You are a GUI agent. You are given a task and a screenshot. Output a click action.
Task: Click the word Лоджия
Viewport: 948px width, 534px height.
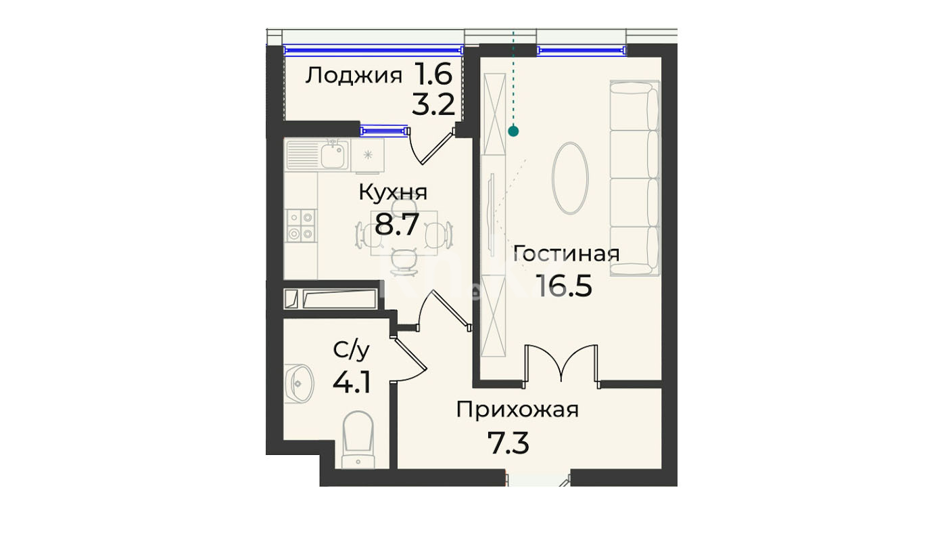click(354, 76)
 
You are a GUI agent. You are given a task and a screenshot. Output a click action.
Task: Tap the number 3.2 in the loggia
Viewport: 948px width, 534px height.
click(433, 105)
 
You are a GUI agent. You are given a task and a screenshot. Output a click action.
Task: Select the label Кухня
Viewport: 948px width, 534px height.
click(393, 192)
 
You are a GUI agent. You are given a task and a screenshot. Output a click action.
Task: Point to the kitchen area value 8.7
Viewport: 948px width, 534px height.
click(397, 225)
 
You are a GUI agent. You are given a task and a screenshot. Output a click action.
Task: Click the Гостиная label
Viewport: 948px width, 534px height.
click(566, 254)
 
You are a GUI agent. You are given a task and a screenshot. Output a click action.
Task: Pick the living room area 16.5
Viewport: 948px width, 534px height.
click(564, 286)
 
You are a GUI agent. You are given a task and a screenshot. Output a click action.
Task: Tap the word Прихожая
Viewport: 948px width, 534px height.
click(517, 410)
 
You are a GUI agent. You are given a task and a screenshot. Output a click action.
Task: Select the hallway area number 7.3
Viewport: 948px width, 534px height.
click(508, 443)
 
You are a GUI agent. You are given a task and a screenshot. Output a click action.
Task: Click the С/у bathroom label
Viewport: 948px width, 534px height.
click(351, 350)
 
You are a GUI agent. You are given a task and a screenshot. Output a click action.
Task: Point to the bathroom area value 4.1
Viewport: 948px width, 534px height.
click(352, 382)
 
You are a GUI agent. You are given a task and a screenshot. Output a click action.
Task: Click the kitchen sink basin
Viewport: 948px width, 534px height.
click(333, 156)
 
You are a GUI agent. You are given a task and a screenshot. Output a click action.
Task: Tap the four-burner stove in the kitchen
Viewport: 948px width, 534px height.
click(301, 225)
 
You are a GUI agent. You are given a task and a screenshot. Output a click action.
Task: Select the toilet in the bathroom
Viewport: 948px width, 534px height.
click(358, 440)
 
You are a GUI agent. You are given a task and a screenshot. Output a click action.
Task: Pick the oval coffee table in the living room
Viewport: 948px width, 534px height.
click(570, 178)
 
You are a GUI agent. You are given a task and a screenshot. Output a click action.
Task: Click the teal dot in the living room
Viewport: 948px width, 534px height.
click(513, 131)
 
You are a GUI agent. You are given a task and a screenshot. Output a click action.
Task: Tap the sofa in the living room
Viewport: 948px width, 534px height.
click(635, 178)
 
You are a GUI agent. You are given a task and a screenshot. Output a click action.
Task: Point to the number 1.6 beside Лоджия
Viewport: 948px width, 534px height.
click(433, 74)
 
